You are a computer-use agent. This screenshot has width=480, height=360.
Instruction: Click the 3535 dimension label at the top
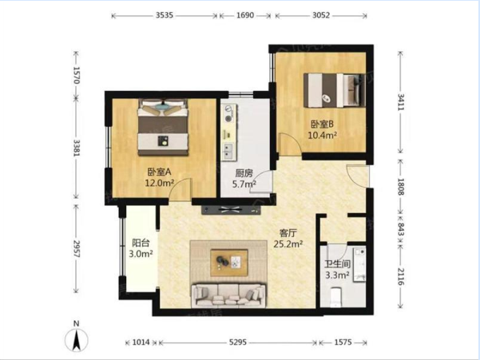[x=165, y=15]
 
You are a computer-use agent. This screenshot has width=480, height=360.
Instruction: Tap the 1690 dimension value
[x=245, y=15]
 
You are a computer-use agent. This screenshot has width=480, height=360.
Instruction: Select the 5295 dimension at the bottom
[x=238, y=342]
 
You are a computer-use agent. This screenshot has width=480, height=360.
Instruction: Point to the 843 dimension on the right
[x=401, y=229]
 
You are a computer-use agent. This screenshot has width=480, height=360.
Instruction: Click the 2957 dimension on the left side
[x=76, y=249]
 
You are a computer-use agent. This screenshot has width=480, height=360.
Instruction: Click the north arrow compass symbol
[x=77, y=338]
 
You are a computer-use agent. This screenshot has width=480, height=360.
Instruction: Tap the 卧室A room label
[x=159, y=172]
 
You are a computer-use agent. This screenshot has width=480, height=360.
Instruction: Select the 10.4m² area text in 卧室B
[x=323, y=135]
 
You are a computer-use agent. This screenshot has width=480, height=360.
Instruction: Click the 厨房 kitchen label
[x=244, y=173]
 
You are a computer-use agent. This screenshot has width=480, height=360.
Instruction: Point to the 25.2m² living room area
[x=288, y=244]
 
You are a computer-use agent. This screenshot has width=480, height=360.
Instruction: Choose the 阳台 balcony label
[x=141, y=243]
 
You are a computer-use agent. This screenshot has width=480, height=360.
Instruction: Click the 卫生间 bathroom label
[x=337, y=264]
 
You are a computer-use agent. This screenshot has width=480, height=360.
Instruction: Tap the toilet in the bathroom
[x=336, y=297]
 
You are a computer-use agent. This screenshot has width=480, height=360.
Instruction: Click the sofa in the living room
[x=228, y=295]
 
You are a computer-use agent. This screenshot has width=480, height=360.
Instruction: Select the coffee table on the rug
[x=229, y=263]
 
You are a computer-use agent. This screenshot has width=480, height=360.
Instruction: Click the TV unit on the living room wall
[x=231, y=210]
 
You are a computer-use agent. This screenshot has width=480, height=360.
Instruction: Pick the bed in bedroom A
[x=163, y=127]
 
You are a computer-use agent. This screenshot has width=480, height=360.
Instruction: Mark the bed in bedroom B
[x=335, y=90]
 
